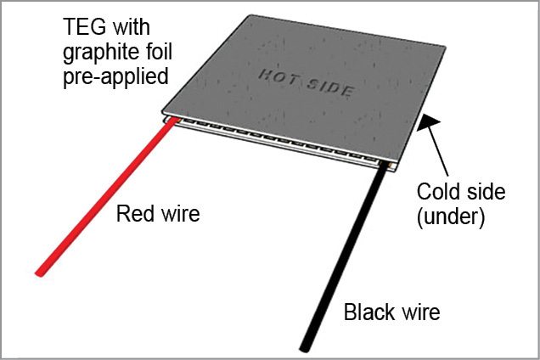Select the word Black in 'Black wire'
point(368,312)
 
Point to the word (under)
point(450,217)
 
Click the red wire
point(103,200)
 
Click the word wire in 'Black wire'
point(419,312)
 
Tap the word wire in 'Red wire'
point(178,214)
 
